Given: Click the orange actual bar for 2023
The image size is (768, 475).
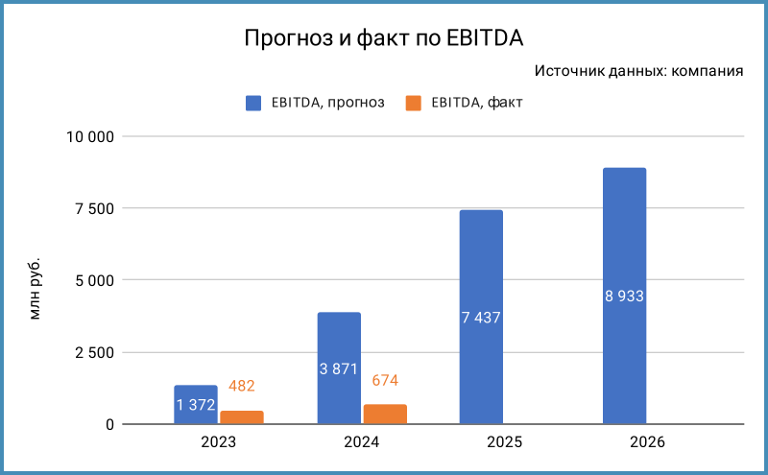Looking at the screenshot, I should point(242,417).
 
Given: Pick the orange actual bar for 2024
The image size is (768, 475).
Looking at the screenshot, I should point(385,415).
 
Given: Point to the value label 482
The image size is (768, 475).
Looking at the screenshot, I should point(241,386).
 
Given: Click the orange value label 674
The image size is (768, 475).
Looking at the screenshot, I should point(384,381).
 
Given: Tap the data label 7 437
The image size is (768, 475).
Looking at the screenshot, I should point(481,318).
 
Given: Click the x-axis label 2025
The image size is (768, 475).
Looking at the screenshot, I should point(505,442).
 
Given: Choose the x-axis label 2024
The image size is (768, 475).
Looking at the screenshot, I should point(362,442).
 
